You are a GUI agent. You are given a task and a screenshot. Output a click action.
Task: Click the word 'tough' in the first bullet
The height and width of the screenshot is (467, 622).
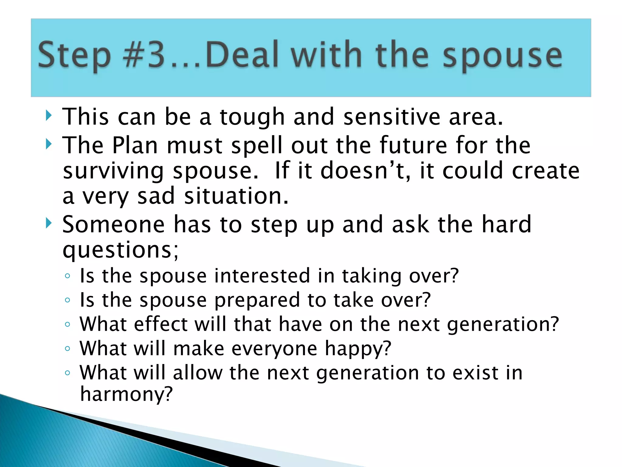[x=252, y=117]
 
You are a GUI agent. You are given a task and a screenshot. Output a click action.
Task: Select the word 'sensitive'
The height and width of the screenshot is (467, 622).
[x=392, y=117]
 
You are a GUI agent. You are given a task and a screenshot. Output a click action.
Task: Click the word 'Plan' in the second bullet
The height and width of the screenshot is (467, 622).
[x=135, y=145]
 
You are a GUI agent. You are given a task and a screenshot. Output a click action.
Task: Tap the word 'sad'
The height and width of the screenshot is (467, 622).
[x=156, y=196]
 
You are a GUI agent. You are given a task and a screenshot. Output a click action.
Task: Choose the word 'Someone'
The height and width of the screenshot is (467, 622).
[x=113, y=224]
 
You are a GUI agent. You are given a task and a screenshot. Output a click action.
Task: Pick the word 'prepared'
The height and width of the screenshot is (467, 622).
[x=257, y=300]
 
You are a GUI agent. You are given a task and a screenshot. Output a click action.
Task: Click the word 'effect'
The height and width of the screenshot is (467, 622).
[x=161, y=324]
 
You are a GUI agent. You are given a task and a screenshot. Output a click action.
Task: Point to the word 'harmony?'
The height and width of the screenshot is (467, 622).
[x=126, y=394]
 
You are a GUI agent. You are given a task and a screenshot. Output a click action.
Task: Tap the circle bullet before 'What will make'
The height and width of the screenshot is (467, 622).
[x=67, y=348]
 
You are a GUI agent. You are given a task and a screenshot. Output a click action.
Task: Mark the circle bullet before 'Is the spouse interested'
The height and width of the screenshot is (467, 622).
[x=67, y=276]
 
